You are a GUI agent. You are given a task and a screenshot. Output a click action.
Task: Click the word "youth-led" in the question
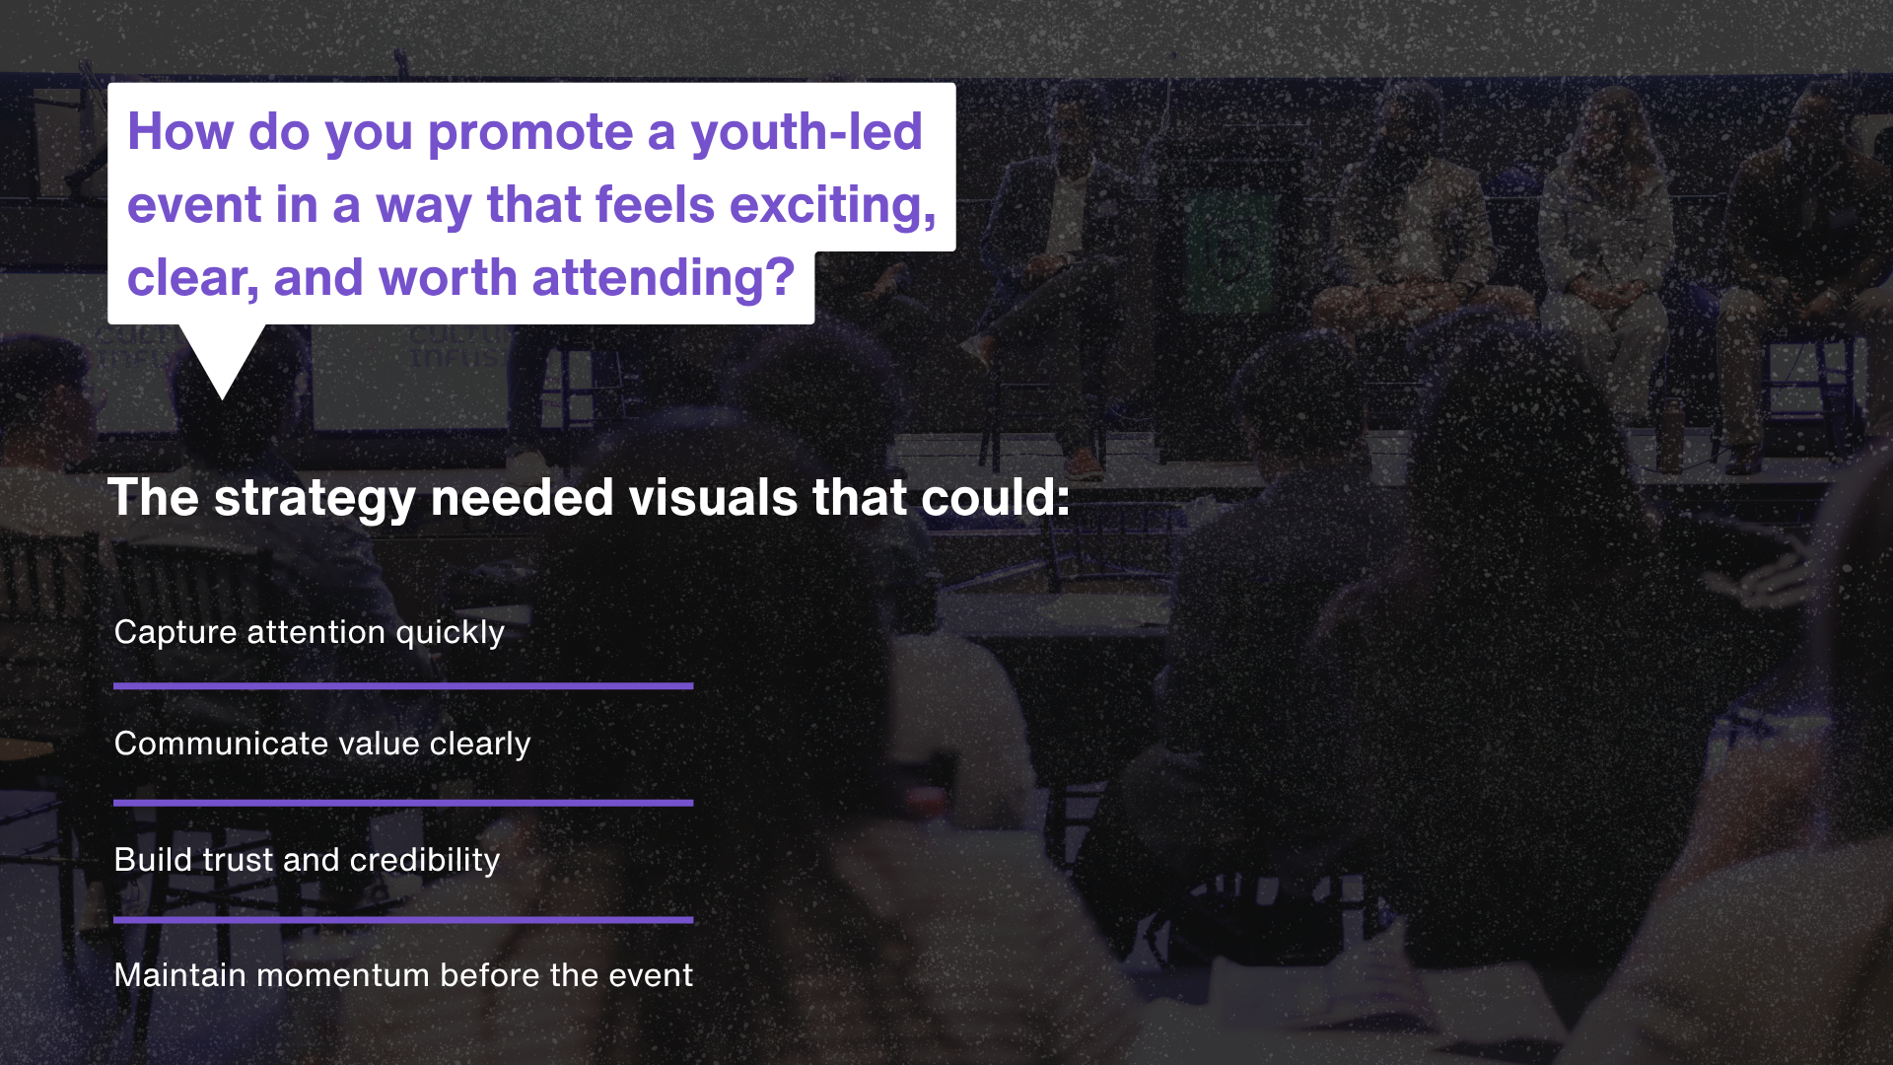(806, 133)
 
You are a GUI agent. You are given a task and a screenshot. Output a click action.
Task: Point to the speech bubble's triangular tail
(223, 355)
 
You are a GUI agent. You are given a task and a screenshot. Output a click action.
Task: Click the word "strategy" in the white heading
(315, 499)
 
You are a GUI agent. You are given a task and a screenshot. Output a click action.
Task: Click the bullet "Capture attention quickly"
(310, 632)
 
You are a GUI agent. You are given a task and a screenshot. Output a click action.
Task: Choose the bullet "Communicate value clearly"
(322, 744)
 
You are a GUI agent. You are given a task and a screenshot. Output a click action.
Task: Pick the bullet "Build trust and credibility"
(308, 860)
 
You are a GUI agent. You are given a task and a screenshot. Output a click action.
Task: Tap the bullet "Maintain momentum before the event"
(403, 975)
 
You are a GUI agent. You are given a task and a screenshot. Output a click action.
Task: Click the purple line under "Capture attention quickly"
(403, 685)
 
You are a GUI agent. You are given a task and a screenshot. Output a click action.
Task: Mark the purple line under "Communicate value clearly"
(403, 803)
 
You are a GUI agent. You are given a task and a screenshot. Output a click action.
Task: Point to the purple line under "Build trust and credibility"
(403, 920)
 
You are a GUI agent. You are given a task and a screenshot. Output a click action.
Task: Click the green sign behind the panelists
(1229, 251)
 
